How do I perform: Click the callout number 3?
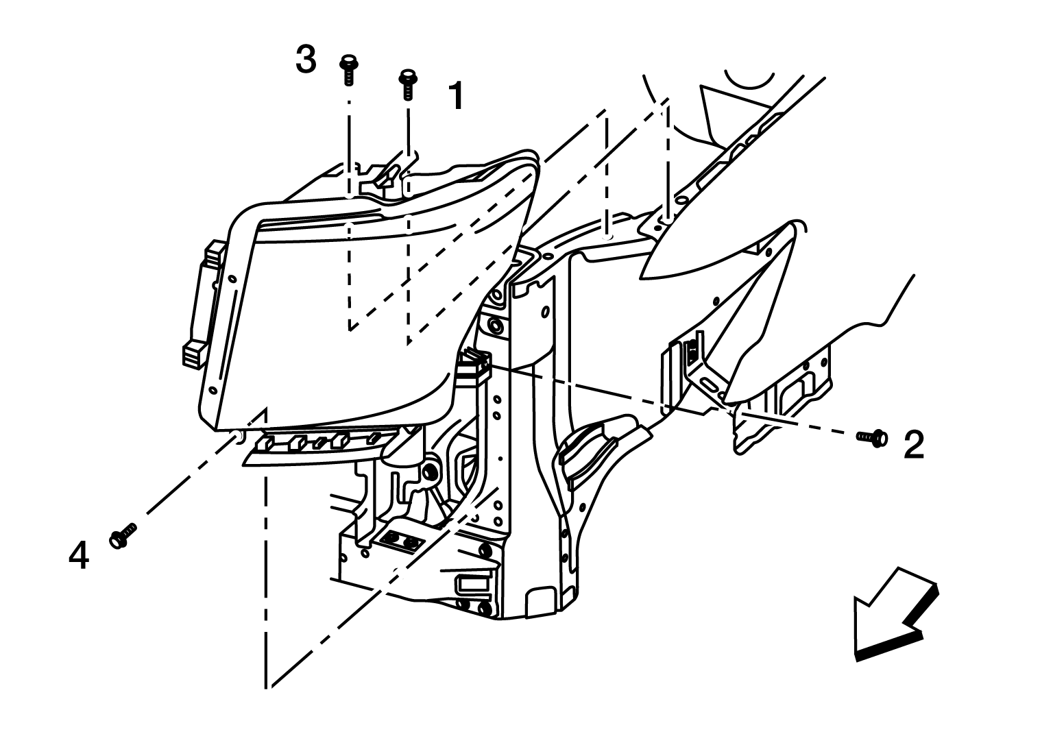coord(306,60)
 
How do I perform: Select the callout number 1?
coord(455,95)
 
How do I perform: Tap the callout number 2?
coord(914,445)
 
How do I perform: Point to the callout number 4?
coord(79,555)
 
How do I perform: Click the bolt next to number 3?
coord(348,71)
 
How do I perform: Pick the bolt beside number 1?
coord(408,85)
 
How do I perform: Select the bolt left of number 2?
coord(872,438)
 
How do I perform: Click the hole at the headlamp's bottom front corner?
coord(238,436)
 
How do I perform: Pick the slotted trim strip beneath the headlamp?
coord(319,447)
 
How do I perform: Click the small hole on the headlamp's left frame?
coord(232,279)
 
